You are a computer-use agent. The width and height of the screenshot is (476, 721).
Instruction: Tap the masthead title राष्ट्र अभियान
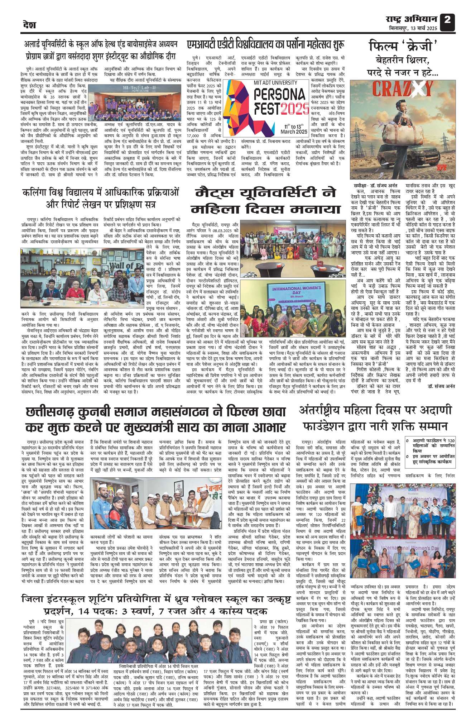(x=412, y=19)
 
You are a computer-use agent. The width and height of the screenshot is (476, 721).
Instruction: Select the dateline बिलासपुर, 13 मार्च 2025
(x=413, y=28)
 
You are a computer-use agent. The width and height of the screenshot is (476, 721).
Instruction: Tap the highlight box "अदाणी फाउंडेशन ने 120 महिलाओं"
(x=430, y=445)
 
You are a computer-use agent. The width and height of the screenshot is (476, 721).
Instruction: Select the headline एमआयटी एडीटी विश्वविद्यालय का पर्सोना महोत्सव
(x=266, y=45)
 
